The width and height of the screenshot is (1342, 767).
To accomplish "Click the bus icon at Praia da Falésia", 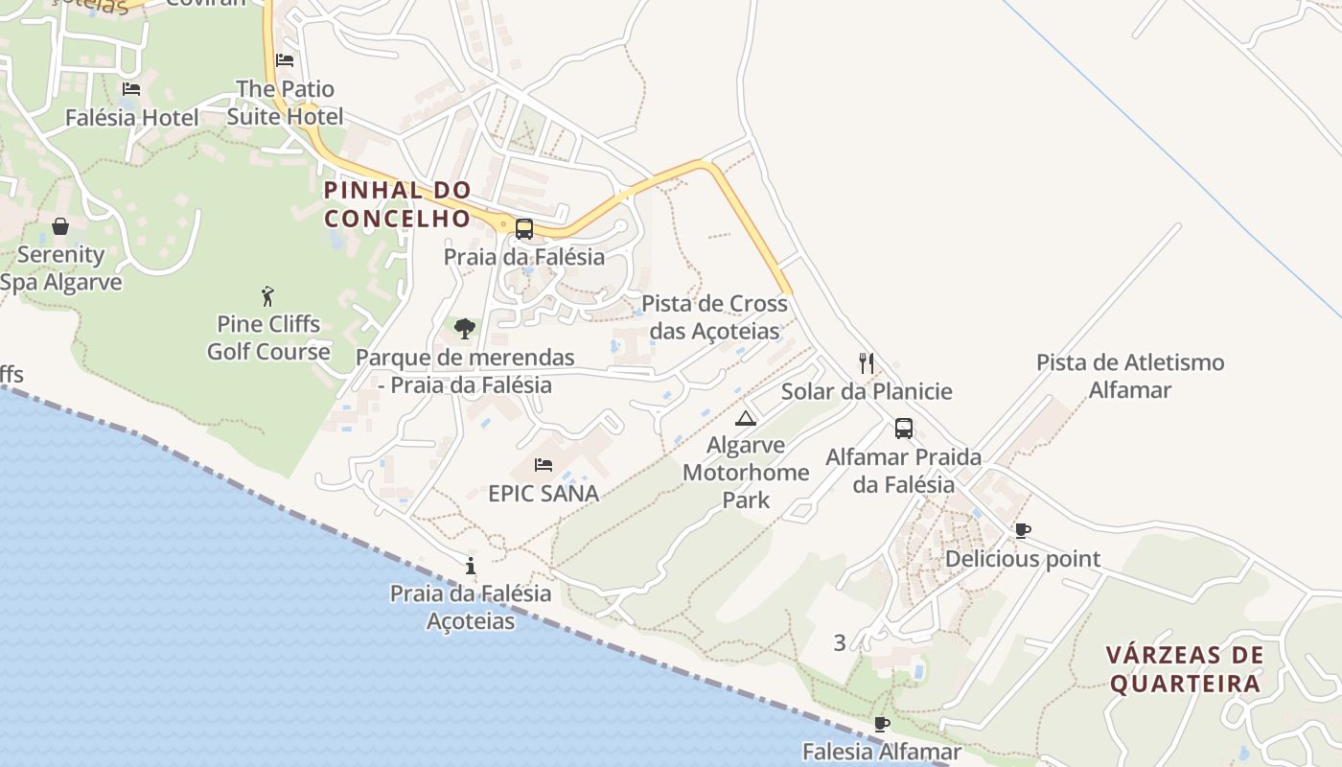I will tap(524, 229).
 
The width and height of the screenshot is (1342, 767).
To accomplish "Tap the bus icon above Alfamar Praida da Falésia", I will tap(903, 429).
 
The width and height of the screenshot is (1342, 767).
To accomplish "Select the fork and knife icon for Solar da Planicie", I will tap(867, 363).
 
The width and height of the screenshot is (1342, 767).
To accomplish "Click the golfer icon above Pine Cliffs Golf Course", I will tap(267, 296).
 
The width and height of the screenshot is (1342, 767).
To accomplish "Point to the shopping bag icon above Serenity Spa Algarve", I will tap(60, 226).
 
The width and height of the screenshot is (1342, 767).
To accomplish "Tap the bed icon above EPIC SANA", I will tap(544, 465).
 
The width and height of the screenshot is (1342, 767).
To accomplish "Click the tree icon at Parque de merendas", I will tap(465, 330).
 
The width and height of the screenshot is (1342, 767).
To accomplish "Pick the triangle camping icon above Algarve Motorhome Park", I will tap(746, 418).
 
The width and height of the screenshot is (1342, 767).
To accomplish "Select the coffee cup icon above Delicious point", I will tap(1023, 530).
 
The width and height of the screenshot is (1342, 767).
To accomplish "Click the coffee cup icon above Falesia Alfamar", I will tap(882, 724).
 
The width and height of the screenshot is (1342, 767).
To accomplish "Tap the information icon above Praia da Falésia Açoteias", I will tap(470, 566).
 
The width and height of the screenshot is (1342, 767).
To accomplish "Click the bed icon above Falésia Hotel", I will tap(131, 89).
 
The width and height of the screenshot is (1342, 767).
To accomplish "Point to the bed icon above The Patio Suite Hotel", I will tap(285, 59).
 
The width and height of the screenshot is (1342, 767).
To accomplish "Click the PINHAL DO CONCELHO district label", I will tap(398, 204).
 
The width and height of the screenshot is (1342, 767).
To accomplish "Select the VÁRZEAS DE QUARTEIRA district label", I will tap(1184, 669).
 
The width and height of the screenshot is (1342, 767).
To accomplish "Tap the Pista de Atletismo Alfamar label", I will tap(1130, 376).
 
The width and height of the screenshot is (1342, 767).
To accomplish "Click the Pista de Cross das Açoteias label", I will tap(714, 317).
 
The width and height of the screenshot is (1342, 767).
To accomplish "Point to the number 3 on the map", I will tap(840, 643).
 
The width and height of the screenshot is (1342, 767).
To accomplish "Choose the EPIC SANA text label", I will tap(544, 494).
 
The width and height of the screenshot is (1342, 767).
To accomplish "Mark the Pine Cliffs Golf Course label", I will tap(268, 337).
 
